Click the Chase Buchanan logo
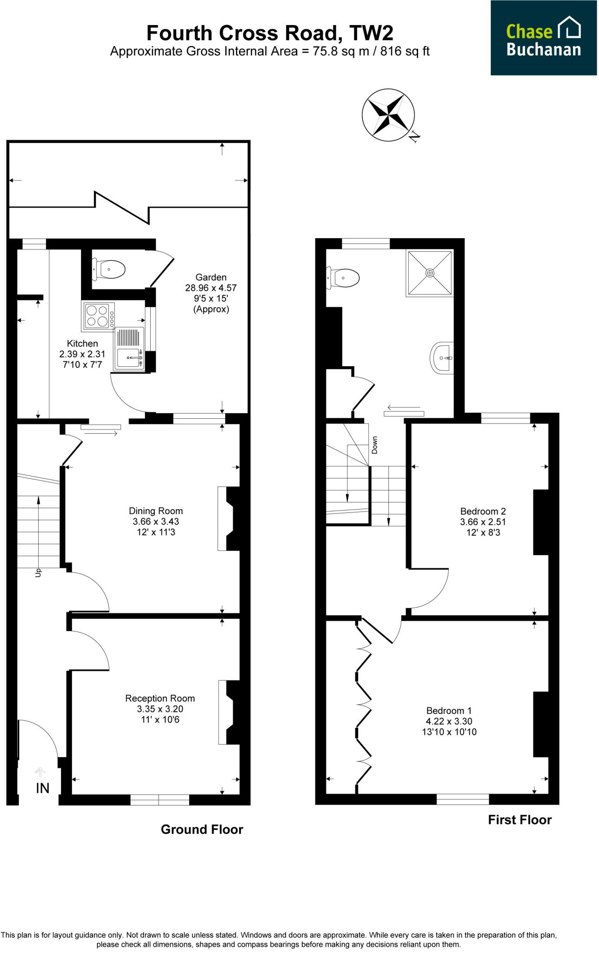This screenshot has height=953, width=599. (544, 38)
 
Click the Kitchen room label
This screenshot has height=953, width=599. (83, 344)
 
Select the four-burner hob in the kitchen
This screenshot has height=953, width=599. (98, 315)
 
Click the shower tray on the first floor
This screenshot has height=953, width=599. (430, 273)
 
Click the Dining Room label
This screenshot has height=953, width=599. (155, 511)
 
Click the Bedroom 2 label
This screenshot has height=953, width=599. (483, 511)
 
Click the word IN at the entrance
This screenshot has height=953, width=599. (42, 788)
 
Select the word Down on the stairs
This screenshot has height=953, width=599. (374, 445)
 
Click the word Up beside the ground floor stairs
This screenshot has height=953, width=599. (39, 573)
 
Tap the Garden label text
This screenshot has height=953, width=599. (211, 277)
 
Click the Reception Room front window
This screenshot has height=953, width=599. (160, 800)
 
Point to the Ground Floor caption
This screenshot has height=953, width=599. (202, 829)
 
